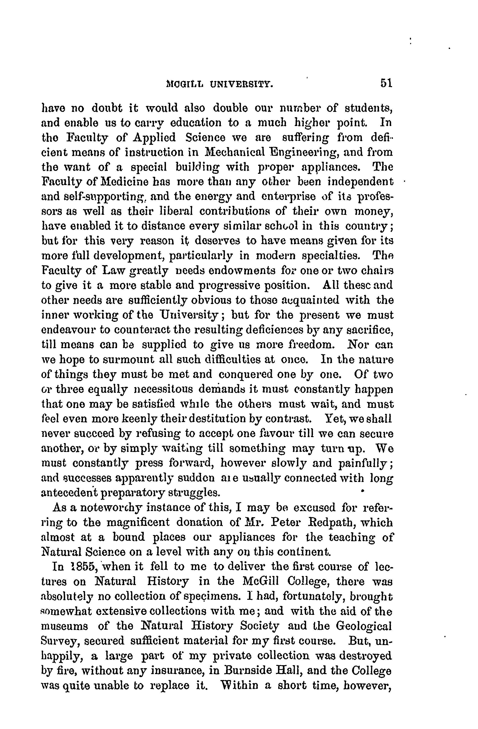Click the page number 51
386,83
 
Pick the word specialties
332,256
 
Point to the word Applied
154,137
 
